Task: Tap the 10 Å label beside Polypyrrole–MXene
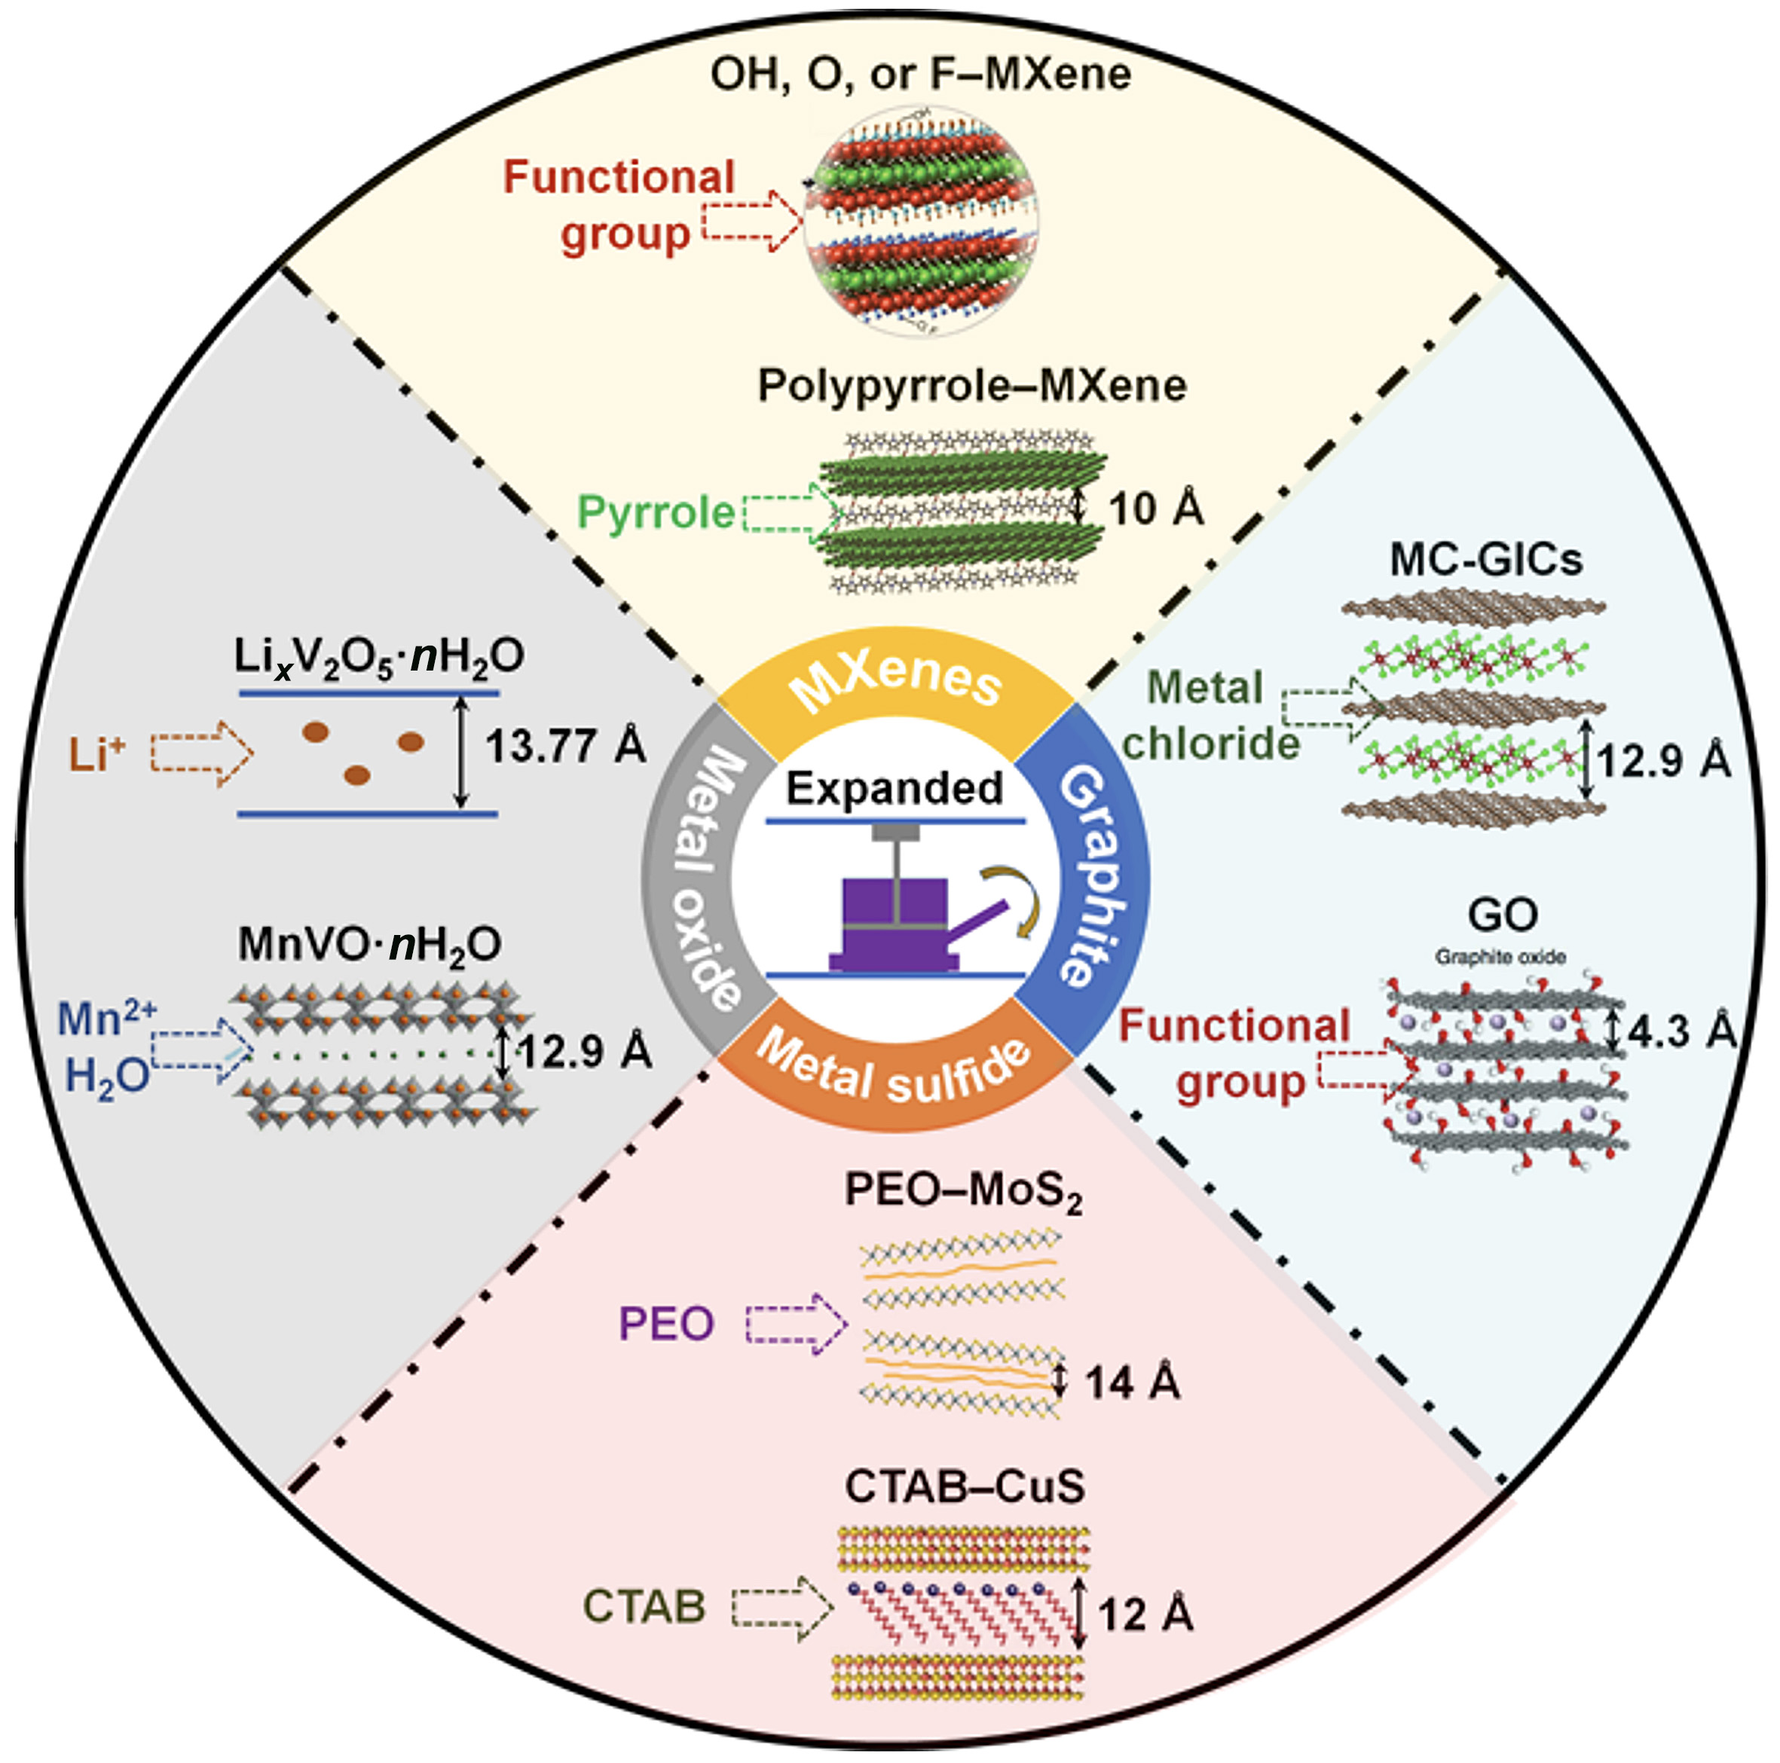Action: pyautogui.click(x=1156, y=509)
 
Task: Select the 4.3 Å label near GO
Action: pyautogui.click(x=1682, y=1031)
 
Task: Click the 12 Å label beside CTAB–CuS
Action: pyautogui.click(x=1146, y=1614)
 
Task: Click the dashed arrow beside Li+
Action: pyautogui.click(x=202, y=754)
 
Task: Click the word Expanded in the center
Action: pyautogui.click(x=895, y=789)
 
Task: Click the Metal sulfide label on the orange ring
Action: pyautogui.click(x=894, y=1069)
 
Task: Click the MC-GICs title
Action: pyautogui.click(x=1486, y=559)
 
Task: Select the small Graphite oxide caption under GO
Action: pyautogui.click(x=1500, y=957)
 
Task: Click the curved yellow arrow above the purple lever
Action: pyautogui.click(x=1016, y=898)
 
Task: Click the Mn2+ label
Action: pyautogui.click(x=107, y=1018)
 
